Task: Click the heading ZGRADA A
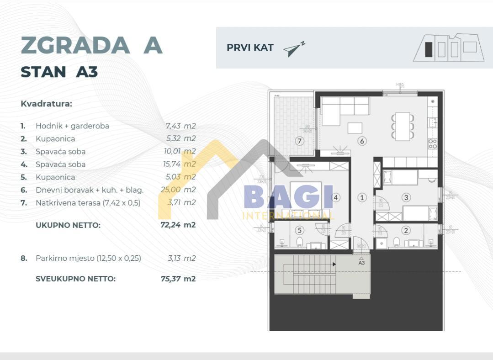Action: click(91, 45)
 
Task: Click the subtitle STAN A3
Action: click(59, 72)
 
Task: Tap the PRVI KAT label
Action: click(250, 48)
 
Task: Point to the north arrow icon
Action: click(293, 49)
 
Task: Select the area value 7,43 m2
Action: click(180, 126)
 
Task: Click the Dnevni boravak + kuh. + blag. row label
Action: click(90, 190)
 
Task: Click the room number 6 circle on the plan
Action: click(362, 141)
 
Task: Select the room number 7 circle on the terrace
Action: click(299, 141)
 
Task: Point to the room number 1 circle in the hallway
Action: click(362, 198)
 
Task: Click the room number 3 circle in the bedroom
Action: click(406, 198)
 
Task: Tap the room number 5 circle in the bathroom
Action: click(299, 230)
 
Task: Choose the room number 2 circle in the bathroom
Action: click(406, 230)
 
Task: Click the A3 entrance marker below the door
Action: click(361, 262)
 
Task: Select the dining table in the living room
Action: click(403, 126)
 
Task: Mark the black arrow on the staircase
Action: click(334, 264)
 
